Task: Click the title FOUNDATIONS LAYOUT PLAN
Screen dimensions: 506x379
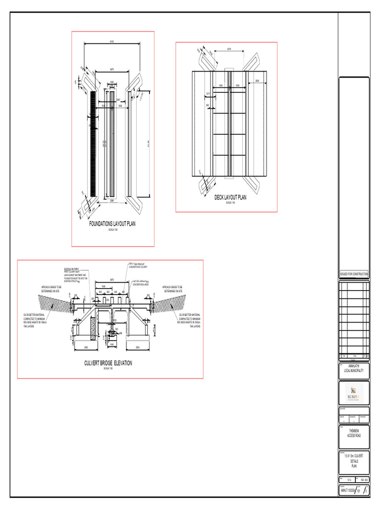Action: (112, 224)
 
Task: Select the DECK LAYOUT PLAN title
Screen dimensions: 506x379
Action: (230, 198)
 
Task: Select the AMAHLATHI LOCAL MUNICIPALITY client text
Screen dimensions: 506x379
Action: (354, 369)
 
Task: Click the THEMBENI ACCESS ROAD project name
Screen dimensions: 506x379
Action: (354, 433)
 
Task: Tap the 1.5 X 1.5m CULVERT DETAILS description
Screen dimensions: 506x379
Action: (354, 460)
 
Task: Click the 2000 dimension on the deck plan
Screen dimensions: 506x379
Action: (257, 81)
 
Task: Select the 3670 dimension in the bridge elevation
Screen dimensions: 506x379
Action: (112, 280)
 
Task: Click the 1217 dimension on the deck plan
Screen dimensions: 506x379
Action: (208, 93)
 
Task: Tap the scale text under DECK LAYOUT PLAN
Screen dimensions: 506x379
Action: (230, 203)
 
